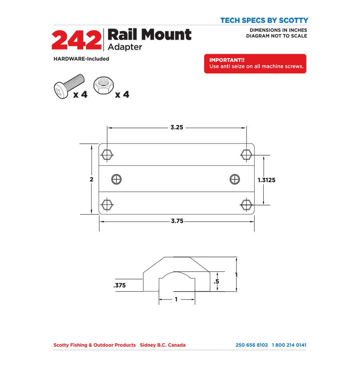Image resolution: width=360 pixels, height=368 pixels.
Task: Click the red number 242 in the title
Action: (x=76, y=40)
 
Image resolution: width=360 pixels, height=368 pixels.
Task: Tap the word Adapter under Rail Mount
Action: (x=125, y=47)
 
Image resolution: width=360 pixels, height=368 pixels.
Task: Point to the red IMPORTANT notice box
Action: (x=255, y=64)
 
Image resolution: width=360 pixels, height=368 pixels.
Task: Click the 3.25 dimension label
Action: (x=177, y=128)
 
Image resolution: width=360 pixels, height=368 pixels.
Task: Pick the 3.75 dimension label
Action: (x=177, y=221)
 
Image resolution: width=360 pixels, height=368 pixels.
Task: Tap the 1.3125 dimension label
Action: (x=266, y=180)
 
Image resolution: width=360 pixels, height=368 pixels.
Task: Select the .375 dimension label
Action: (x=120, y=285)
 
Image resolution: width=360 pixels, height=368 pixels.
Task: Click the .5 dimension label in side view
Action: (x=216, y=281)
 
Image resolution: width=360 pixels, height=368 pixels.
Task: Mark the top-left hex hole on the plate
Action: (x=107, y=154)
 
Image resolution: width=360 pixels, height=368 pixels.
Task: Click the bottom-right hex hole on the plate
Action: (x=246, y=205)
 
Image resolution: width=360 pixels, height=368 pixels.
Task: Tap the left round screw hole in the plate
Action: (x=117, y=179)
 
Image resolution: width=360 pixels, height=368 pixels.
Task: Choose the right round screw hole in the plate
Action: (x=235, y=179)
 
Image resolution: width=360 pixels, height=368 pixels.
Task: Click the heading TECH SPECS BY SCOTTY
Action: (x=264, y=20)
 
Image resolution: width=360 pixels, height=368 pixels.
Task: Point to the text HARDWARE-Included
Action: (x=81, y=59)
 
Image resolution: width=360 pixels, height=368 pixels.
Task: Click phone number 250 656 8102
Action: (x=252, y=345)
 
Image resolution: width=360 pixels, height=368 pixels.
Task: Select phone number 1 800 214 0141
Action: (x=289, y=345)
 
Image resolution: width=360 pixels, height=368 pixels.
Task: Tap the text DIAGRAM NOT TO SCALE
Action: (x=276, y=36)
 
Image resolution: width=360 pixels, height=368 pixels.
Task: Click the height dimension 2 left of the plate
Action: (x=92, y=179)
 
